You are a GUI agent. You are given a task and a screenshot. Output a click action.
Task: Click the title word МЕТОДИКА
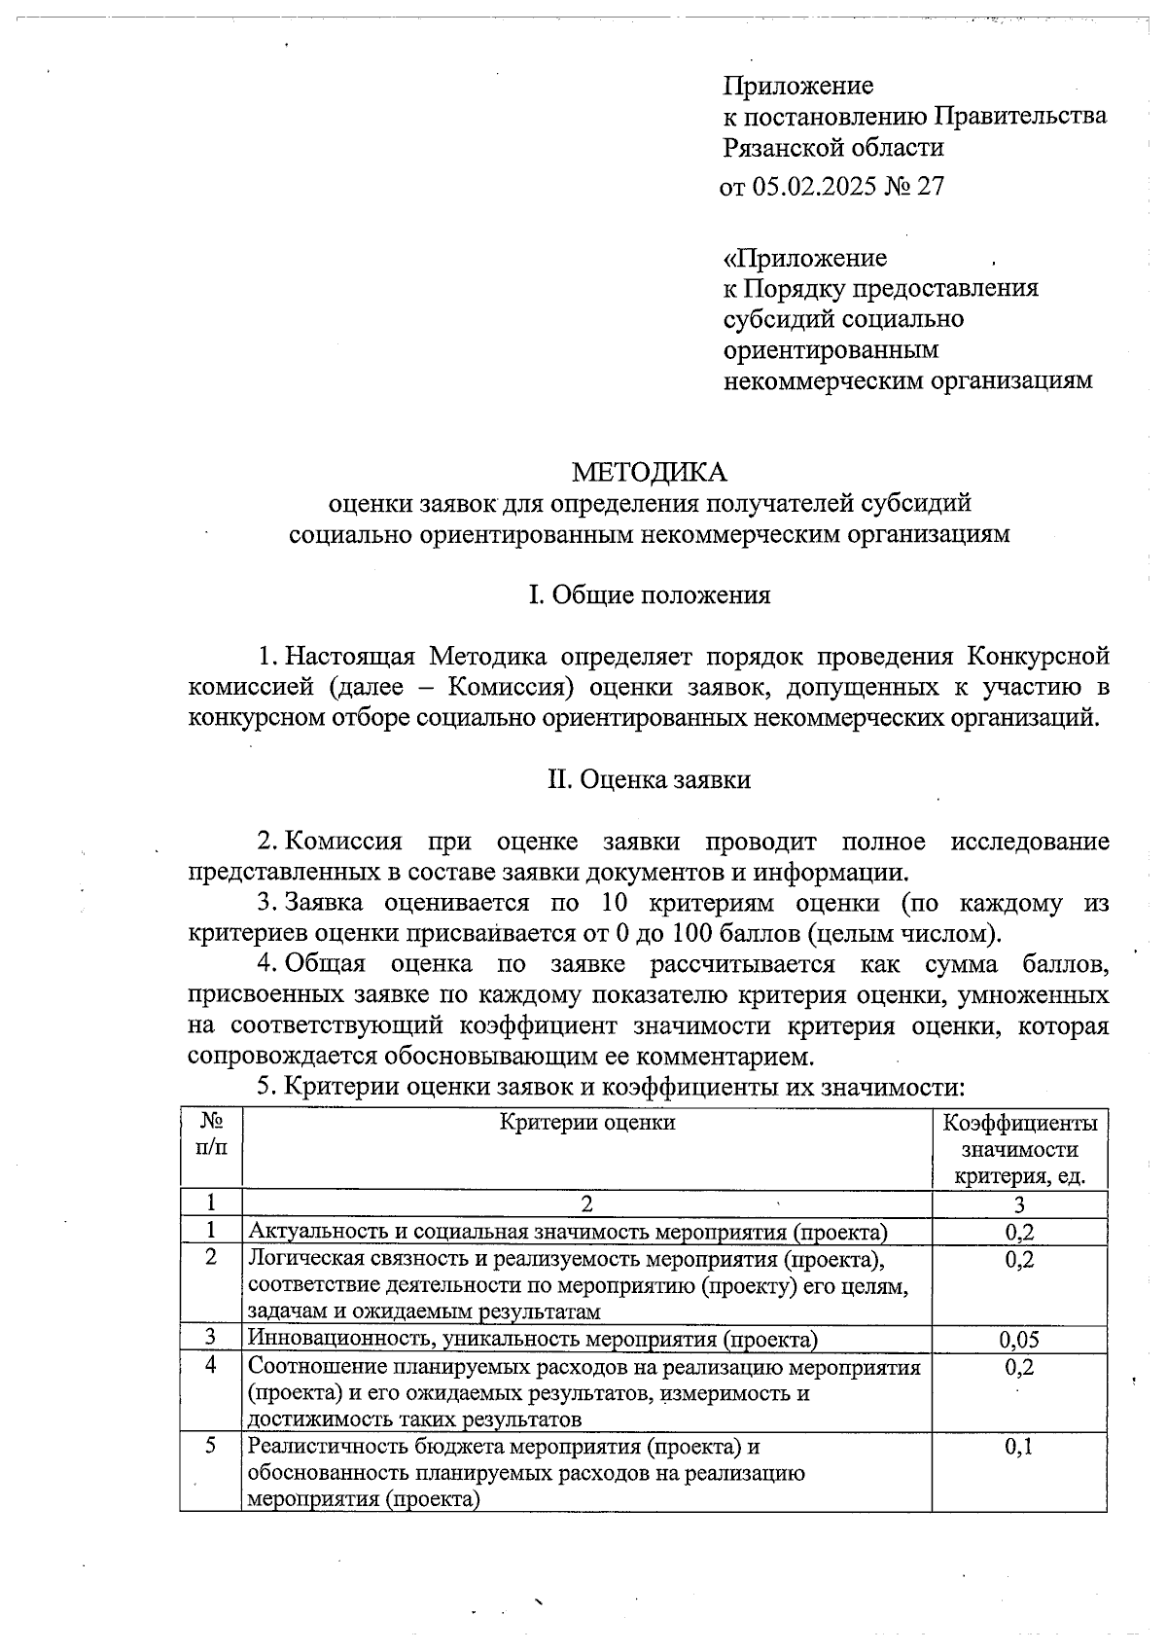pyautogui.click(x=649, y=472)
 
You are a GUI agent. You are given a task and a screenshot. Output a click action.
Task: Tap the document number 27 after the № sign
pyautogui.click(x=930, y=186)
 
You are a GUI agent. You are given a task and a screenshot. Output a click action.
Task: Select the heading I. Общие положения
pyautogui.click(x=649, y=594)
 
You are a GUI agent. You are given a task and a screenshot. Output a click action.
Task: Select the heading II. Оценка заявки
pyautogui.click(x=649, y=779)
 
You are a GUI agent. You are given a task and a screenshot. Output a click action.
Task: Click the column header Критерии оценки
pyautogui.click(x=586, y=1123)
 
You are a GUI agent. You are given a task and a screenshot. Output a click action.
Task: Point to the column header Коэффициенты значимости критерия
pyautogui.click(x=1019, y=1149)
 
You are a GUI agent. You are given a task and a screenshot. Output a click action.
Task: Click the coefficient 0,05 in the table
pyautogui.click(x=1019, y=1340)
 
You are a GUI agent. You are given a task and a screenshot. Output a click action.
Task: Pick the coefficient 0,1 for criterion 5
pyautogui.click(x=1019, y=1447)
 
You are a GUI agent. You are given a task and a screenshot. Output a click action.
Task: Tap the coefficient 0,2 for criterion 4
pyautogui.click(x=1019, y=1367)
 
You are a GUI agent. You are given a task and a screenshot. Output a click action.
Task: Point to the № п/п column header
pyautogui.click(x=211, y=1134)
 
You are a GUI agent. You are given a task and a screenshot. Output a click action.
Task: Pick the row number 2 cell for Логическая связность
pyautogui.click(x=211, y=1259)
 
